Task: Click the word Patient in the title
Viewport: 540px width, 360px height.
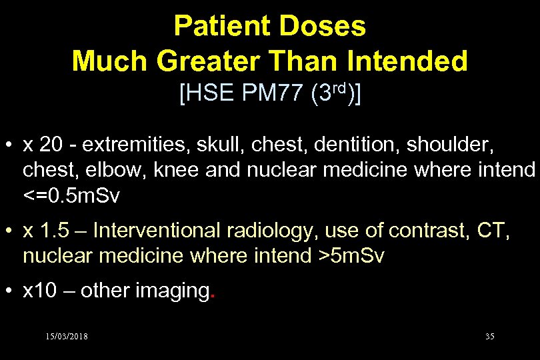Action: pyautogui.click(x=219, y=27)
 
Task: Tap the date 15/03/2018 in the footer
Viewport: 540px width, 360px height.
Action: pyautogui.click(x=66, y=336)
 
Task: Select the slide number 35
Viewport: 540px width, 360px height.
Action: pyautogui.click(x=489, y=336)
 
